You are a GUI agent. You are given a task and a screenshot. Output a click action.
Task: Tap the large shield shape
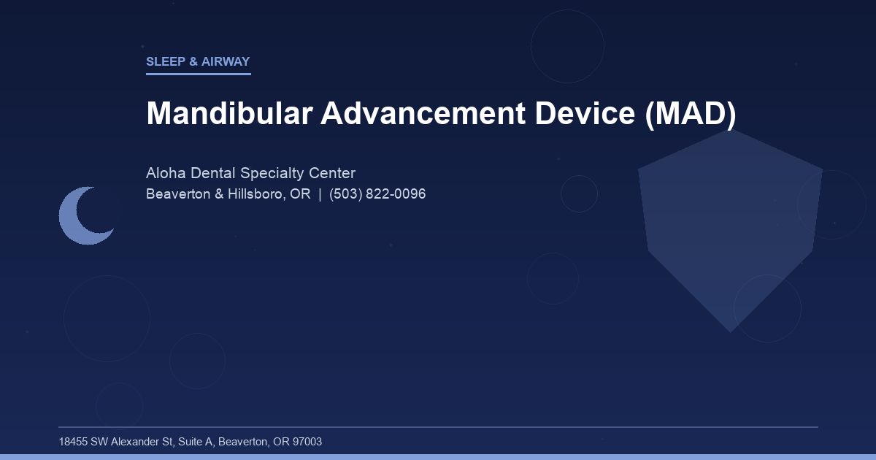[730, 226]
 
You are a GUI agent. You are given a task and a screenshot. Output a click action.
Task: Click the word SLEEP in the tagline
[166, 62]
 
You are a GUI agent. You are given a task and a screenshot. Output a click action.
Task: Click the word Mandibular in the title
[228, 114]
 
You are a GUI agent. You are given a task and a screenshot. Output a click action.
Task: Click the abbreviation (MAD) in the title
[691, 114]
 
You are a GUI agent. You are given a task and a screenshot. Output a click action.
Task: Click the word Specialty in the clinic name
[271, 174]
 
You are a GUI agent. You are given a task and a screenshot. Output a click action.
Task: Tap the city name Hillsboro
[253, 195]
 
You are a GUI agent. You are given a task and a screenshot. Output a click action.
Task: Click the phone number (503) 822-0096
[377, 195]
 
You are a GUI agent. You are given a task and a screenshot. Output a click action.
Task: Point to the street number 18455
[73, 442]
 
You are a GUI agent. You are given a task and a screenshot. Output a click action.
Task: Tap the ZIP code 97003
[307, 442]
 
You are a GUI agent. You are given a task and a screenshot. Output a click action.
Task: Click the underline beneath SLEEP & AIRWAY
[198, 74]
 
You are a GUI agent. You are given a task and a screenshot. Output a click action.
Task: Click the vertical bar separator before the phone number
[320, 195]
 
